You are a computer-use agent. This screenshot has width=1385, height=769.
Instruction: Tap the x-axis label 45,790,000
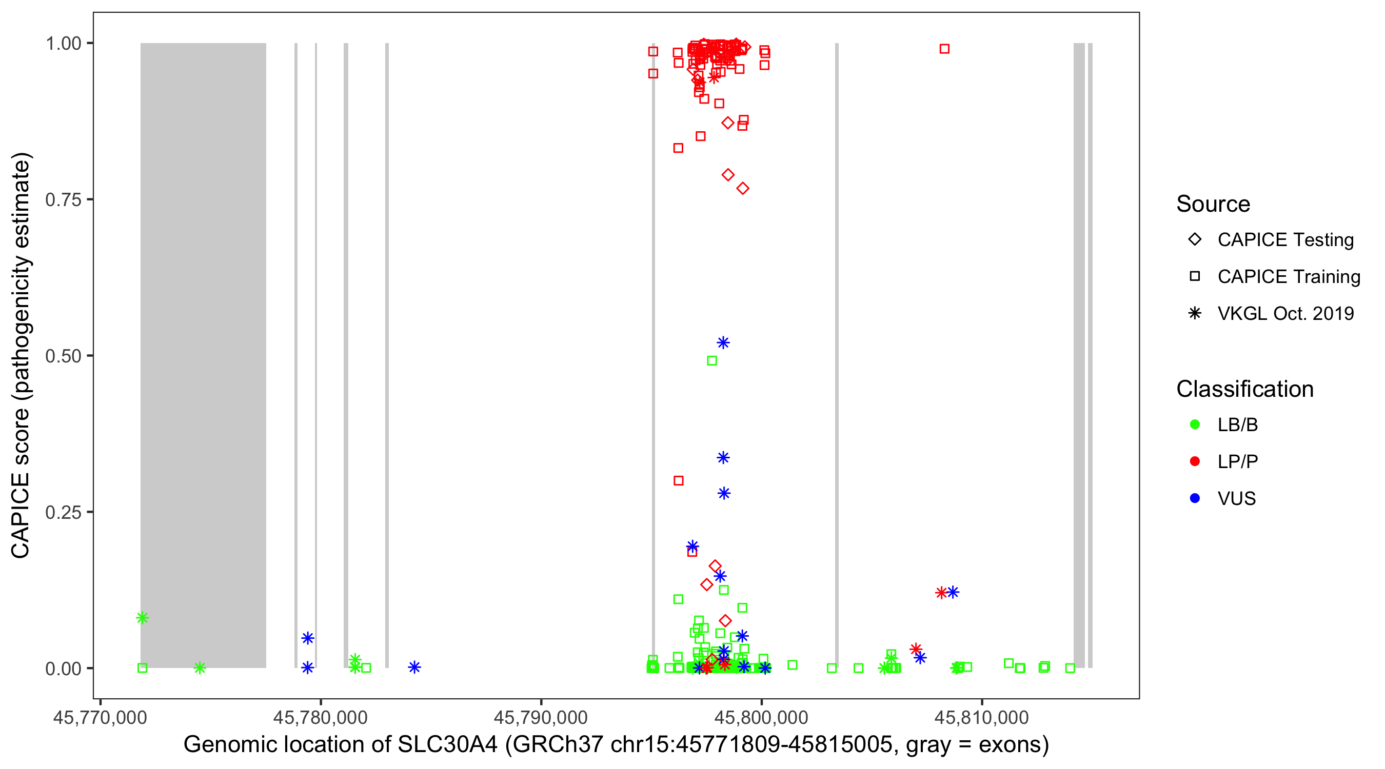coord(540,717)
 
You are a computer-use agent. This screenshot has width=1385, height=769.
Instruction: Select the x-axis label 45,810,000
coord(982,717)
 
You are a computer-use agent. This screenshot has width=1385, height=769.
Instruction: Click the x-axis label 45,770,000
coord(100,717)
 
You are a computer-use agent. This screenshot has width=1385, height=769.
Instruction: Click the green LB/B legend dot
coord(1195,424)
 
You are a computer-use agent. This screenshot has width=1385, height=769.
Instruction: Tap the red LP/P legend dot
coord(1195,461)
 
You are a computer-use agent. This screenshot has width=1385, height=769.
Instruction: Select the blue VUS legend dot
coord(1195,498)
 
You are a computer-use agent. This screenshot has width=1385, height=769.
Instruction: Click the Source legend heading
coord(1213,204)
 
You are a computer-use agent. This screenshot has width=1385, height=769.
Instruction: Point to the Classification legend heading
coord(1244,389)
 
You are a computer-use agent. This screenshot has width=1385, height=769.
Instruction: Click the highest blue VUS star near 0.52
coord(723,343)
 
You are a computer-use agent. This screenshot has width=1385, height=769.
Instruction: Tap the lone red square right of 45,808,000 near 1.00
coord(944,49)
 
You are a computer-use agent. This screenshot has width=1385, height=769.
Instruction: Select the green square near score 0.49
coord(712,360)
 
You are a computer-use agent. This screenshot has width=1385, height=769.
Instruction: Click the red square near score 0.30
coord(679,480)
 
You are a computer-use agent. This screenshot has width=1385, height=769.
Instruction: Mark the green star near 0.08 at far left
coord(142,618)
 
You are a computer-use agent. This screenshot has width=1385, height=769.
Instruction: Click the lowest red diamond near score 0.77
coord(742,189)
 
